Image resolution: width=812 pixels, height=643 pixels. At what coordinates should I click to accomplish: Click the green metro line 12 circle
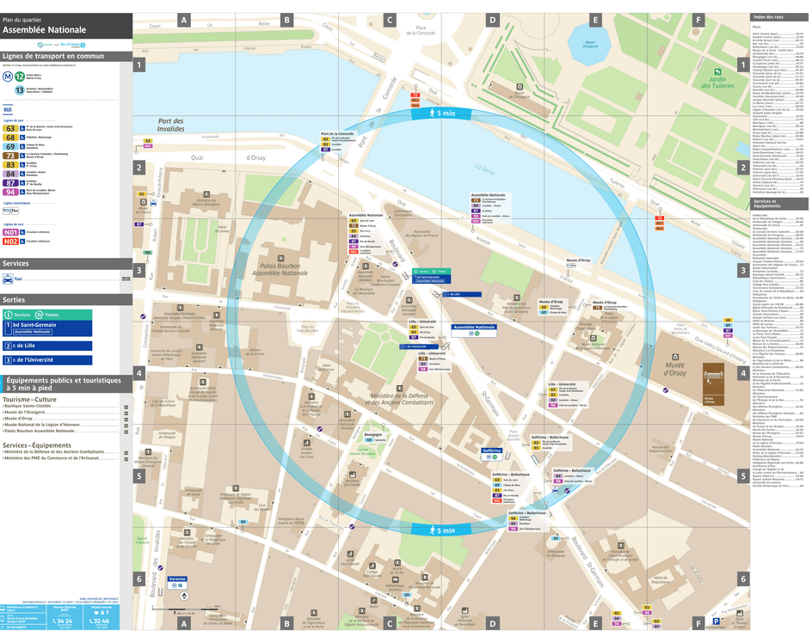point(20,76)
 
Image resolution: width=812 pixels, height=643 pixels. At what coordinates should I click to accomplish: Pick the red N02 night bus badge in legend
point(11,242)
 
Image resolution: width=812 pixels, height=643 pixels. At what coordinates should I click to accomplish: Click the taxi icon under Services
point(8,279)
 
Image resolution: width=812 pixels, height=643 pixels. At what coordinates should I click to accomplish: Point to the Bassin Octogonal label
point(590,44)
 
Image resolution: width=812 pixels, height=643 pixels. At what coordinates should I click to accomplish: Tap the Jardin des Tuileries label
point(713,83)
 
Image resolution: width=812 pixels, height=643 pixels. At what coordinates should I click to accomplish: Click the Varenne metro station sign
point(177,579)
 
